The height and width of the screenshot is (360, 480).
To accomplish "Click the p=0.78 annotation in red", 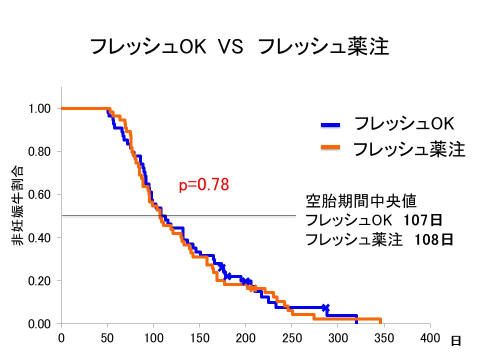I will (204, 185).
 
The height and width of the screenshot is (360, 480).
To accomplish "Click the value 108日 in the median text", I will (434, 239).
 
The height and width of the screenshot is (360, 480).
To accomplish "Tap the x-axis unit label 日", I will (455, 341).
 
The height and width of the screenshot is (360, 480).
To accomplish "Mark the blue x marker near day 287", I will (325, 307).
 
